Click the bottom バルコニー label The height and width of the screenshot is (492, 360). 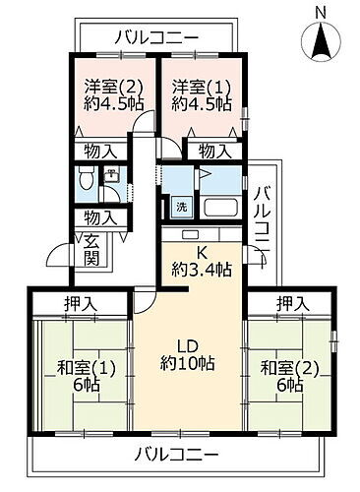[178, 455]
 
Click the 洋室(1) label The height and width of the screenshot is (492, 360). [197, 84]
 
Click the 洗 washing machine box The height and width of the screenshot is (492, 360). [180, 208]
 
